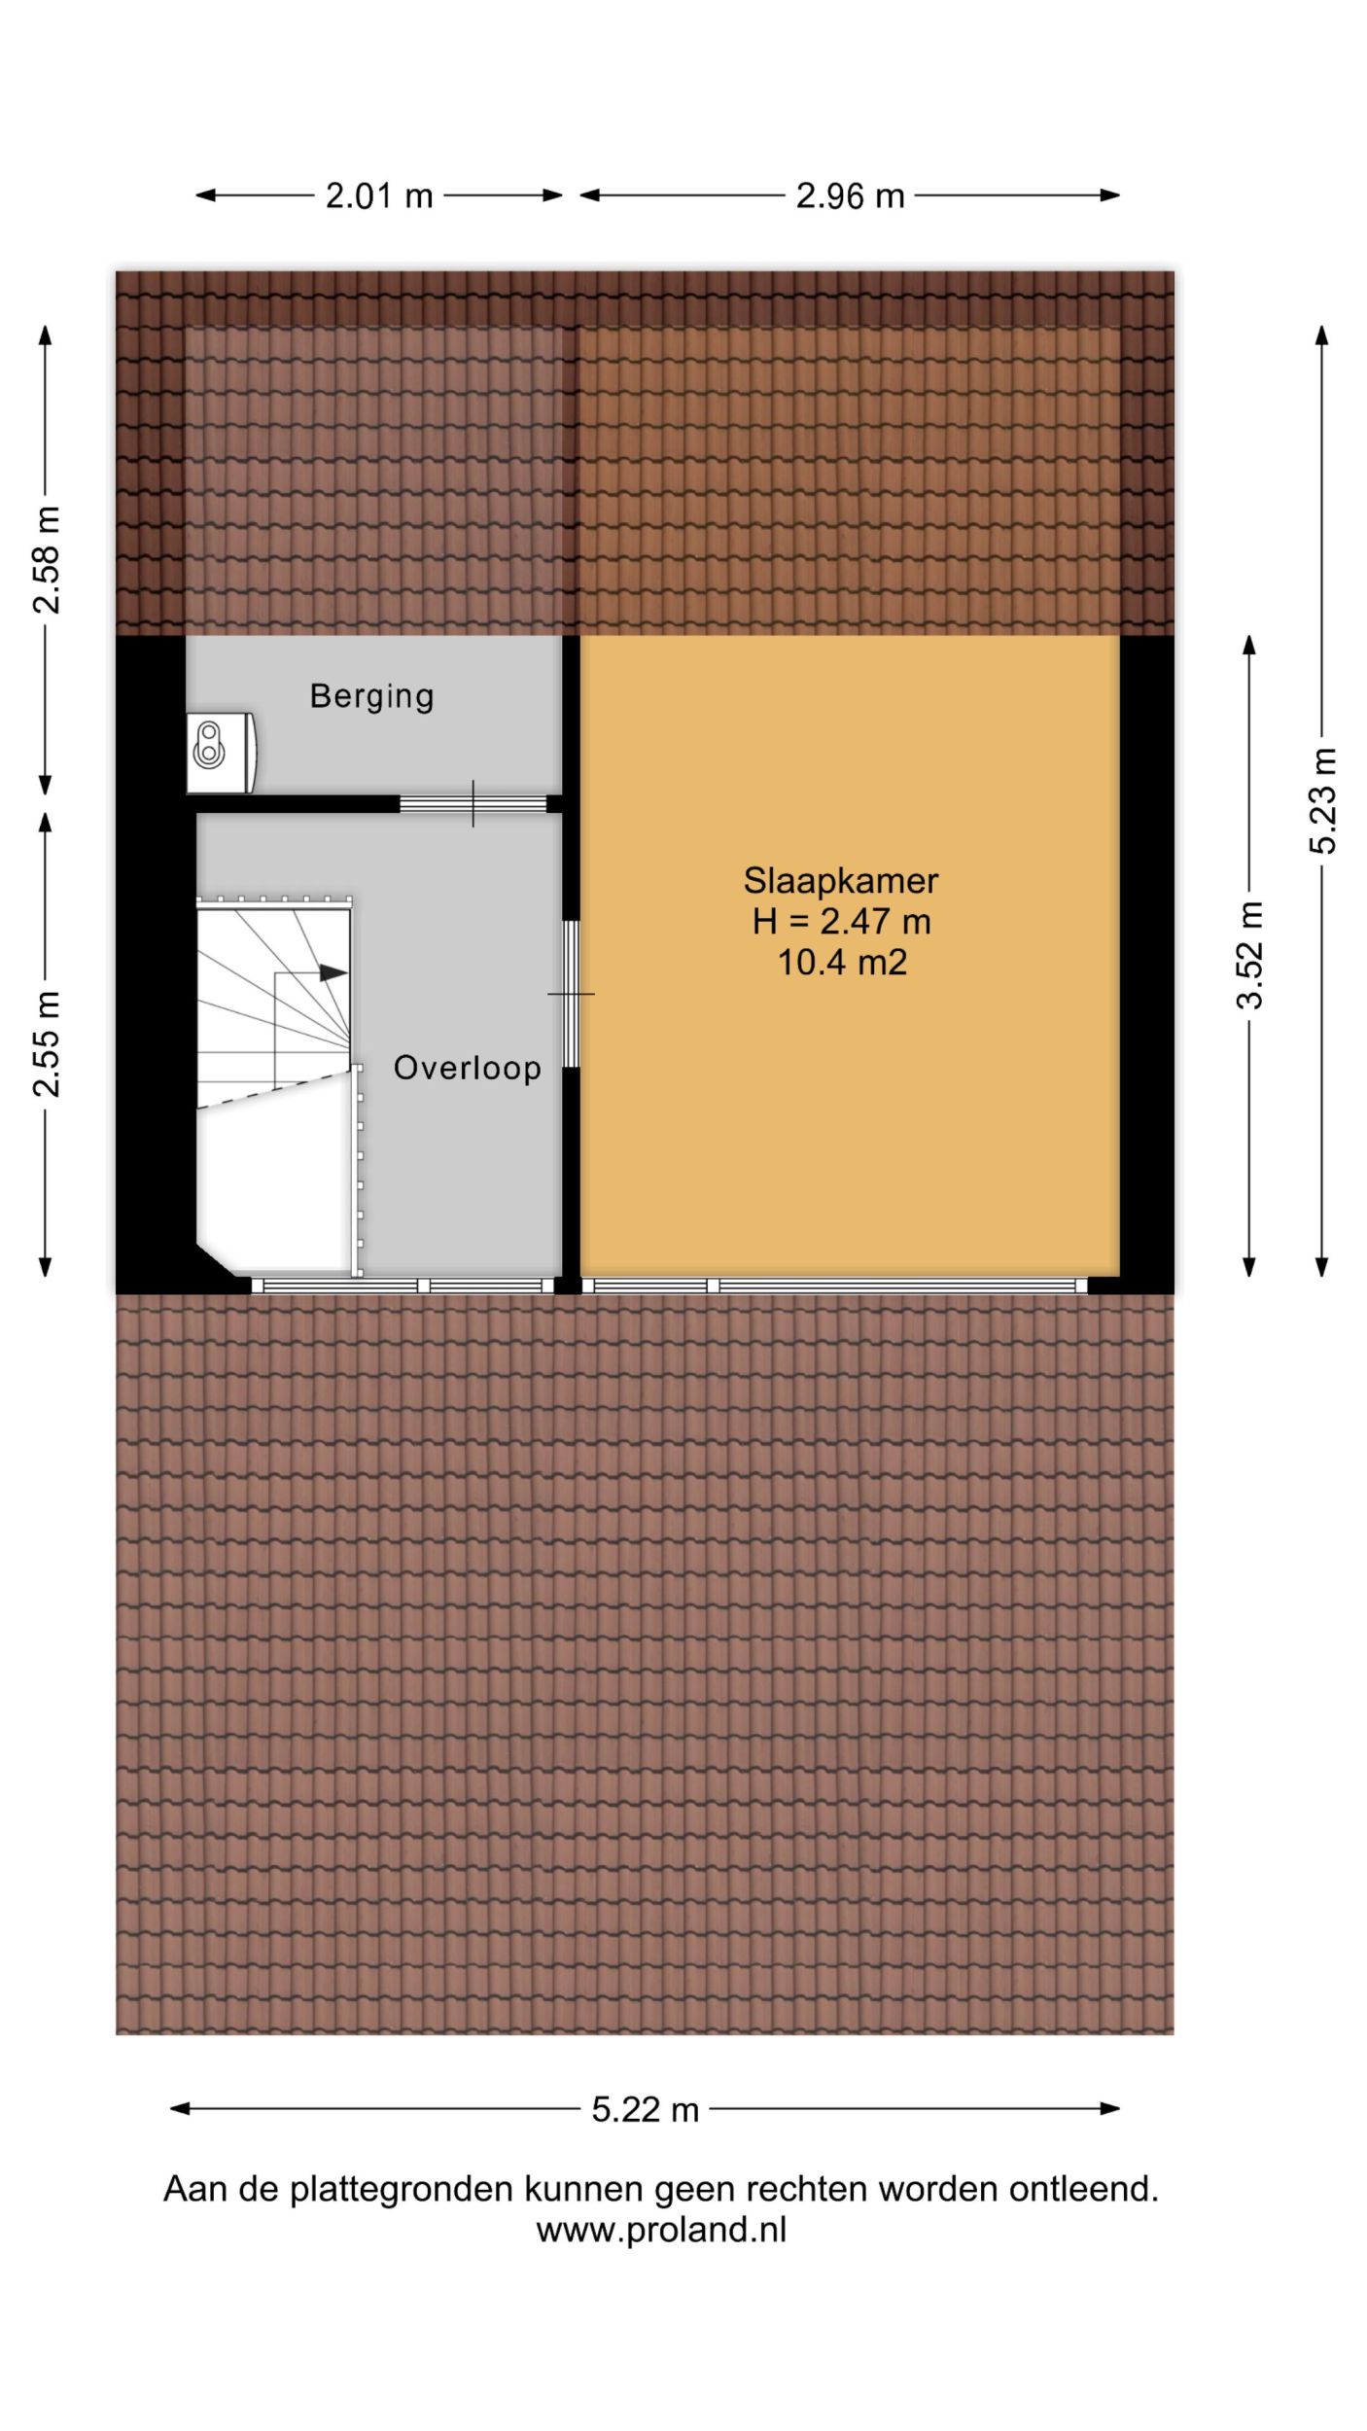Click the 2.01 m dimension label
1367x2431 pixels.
[379, 196]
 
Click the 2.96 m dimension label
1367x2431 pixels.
[850, 196]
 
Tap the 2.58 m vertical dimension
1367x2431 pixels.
[46, 560]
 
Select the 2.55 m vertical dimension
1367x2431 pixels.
[46, 1044]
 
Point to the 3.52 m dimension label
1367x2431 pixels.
[1250, 955]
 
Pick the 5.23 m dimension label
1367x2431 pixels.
[1322, 801]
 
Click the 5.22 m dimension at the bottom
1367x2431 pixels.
[646, 2110]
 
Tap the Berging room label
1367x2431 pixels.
[371, 696]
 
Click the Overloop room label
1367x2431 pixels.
[467, 1068]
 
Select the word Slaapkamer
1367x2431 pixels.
[841, 881]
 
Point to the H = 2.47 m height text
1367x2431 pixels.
[841, 922]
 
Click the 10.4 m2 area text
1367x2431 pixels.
[842, 963]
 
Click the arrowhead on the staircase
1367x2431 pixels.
[333, 972]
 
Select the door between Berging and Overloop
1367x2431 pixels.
[473, 804]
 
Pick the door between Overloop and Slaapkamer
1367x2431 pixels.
[572, 994]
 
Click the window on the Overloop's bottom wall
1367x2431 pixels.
[403, 1286]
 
